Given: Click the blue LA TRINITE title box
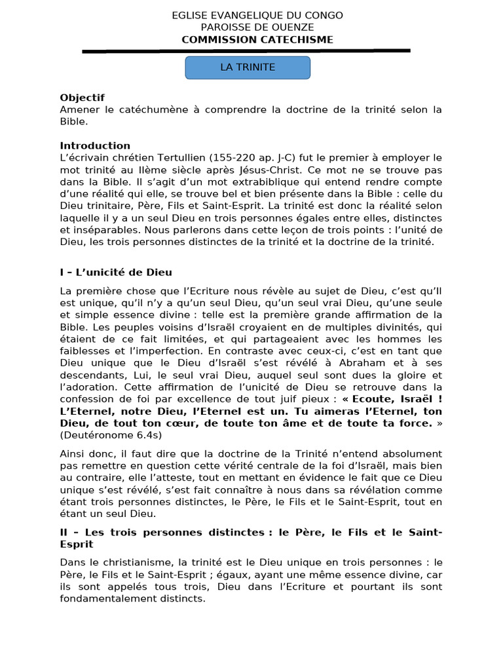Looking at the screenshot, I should (x=248, y=67).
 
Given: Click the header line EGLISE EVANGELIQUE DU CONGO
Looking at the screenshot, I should (x=248, y=16).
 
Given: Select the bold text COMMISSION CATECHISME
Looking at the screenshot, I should (x=248, y=40).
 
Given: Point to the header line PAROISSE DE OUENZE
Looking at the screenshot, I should (x=248, y=28).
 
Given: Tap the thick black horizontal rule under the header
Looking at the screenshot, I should (x=246, y=50).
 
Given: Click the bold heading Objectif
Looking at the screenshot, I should (x=83, y=98).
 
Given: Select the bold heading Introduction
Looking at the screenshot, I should (x=96, y=145).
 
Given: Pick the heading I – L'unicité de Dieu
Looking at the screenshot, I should (x=116, y=272).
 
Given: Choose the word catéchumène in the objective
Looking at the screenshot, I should (x=155, y=109).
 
